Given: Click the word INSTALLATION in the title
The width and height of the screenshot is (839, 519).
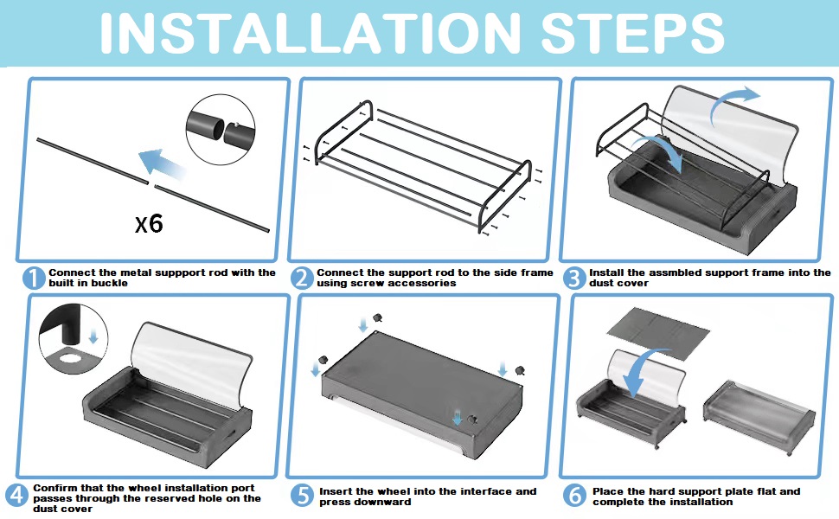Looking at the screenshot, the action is click(x=311, y=33).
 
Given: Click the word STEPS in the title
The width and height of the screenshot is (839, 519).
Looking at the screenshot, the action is click(x=632, y=33).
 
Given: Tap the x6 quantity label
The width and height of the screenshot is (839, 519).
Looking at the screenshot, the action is click(x=149, y=223).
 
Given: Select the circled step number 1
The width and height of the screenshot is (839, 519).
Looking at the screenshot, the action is click(x=34, y=279).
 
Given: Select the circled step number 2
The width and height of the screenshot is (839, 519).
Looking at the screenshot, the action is click(x=302, y=279).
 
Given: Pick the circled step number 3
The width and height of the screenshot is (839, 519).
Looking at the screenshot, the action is click(x=574, y=279).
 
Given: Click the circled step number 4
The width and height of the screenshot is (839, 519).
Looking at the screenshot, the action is click(x=17, y=495).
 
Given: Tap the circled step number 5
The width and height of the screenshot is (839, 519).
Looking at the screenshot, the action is click(x=303, y=496).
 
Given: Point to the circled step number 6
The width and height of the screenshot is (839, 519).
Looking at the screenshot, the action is click(x=574, y=496).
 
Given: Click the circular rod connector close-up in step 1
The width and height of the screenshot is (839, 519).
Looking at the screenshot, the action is click(x=221, y=129).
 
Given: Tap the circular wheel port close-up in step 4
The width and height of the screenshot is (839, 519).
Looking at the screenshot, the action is click(x=74, y=339).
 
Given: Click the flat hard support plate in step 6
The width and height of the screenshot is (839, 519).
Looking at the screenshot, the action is click(x=659, y=335).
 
